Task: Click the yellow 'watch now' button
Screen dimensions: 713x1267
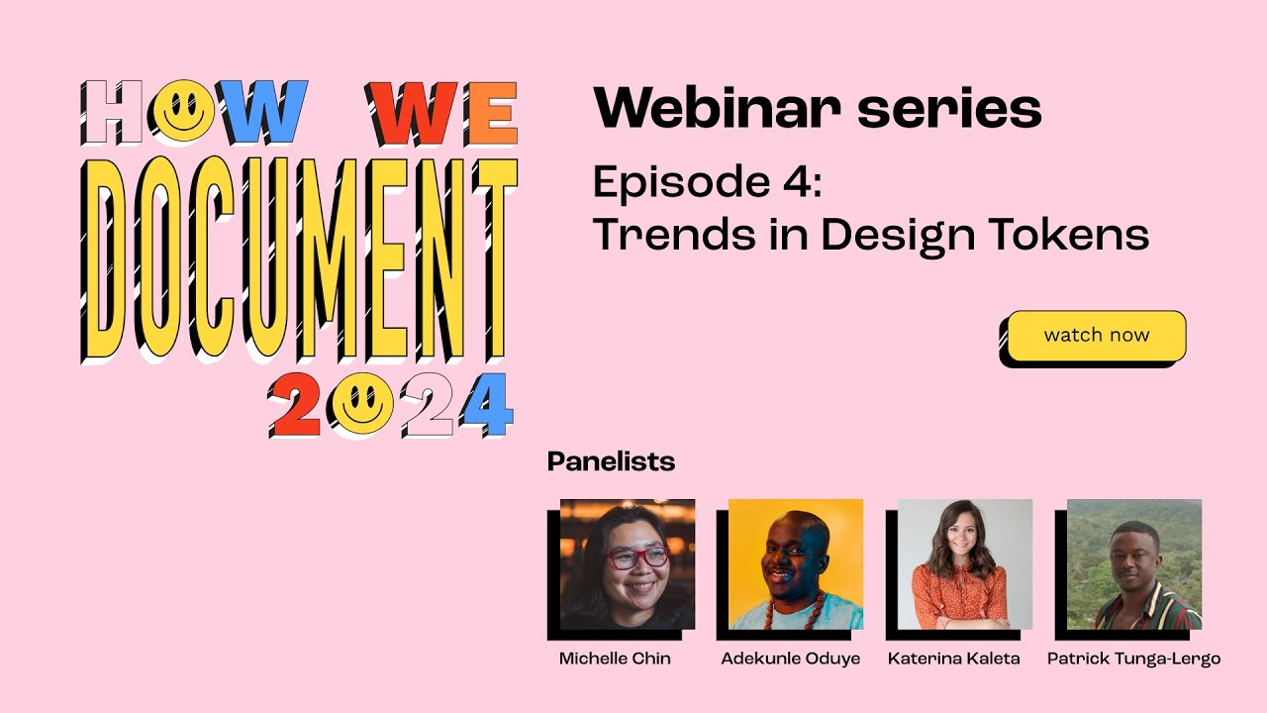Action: click(x=1096, y=336)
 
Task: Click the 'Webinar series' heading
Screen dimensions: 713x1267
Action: click(x=817, y=108)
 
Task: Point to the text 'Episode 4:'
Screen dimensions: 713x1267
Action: click(x=707, y=183)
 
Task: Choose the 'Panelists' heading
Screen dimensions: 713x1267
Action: click(x=611, y=461)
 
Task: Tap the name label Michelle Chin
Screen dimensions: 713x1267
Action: click(x=615, y=659)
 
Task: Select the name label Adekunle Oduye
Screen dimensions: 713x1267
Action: click(x=790, y=659)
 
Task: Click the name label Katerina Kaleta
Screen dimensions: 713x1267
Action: click(x=953, y=659)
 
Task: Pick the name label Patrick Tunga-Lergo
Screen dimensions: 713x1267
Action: click(x=1133, y=659)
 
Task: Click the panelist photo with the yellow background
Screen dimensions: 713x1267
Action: click(x=795, y=564)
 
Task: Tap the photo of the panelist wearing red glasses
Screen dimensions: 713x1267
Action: click(x=627, y=564)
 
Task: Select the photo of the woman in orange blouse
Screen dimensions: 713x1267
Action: click(x=964, y=564)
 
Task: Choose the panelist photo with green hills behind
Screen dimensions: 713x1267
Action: click(x=1133, y=564)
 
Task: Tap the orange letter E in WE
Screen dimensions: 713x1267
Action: click(x=491, y=112)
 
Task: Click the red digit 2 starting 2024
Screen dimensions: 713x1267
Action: click(x=295, y=406)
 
